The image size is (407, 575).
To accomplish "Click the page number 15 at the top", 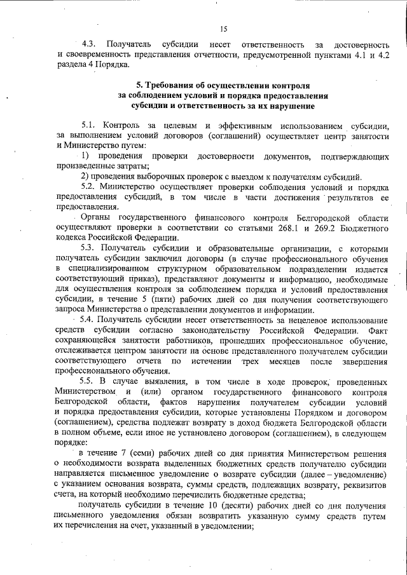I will [223, 29].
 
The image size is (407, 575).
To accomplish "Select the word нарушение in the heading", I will [278, 105].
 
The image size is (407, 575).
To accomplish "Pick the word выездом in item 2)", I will [257, 177].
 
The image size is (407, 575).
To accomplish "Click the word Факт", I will [378, 332].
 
